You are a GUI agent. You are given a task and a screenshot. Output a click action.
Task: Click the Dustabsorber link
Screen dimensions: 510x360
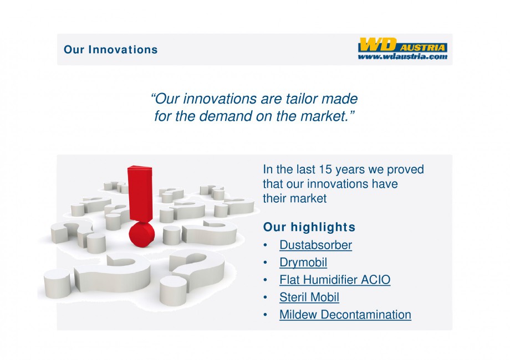(315, 245)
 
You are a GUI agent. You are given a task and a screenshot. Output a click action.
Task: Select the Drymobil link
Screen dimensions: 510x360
(303, 263)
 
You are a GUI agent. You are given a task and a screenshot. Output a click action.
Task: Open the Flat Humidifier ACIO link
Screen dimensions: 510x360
(335, 280)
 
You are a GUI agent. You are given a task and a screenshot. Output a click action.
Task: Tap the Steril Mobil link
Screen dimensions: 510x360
(309, 297)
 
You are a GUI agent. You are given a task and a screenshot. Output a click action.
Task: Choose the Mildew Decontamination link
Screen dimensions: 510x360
(345, 315)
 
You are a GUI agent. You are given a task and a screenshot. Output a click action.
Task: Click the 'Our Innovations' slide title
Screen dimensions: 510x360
(110, 50)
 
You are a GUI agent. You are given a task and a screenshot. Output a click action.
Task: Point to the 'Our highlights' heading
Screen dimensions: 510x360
(309, 227)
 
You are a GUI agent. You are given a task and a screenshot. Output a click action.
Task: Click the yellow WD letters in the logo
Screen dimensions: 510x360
(378, 44)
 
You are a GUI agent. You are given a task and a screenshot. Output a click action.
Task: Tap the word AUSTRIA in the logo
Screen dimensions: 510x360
(422, 48)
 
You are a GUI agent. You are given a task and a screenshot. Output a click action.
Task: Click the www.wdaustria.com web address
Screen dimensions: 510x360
(402, 56)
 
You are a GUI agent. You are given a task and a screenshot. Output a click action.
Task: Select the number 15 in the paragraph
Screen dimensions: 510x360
(325, 169)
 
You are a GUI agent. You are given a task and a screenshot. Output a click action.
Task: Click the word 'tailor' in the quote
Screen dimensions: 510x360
(302, 99)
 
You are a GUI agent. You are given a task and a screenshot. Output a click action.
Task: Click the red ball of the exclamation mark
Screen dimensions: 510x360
(142, 235)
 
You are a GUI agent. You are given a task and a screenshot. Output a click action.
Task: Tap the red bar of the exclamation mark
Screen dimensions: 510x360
(140, 193)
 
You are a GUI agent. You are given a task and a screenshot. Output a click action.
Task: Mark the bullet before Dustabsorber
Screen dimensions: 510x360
(266, 245)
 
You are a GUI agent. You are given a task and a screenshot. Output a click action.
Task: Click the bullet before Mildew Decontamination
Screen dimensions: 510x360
(266, 315)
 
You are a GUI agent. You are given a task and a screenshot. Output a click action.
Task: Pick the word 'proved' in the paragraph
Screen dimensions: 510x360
(405, 170)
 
